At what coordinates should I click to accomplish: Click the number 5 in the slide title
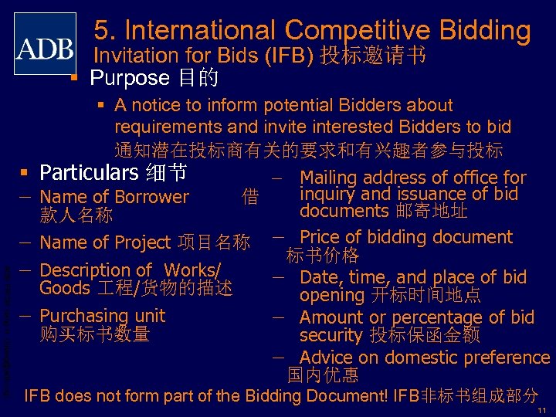[x=101, y=30]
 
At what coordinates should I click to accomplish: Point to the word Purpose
[x=129, y=78]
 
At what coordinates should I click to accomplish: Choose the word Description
[x=86, y=270]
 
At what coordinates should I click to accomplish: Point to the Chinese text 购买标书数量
[x=94, y=334]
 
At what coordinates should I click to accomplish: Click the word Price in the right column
[x=320, y=237]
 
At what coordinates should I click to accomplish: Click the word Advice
[x=325, y=358]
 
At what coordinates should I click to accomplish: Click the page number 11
[x=542, y=409]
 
